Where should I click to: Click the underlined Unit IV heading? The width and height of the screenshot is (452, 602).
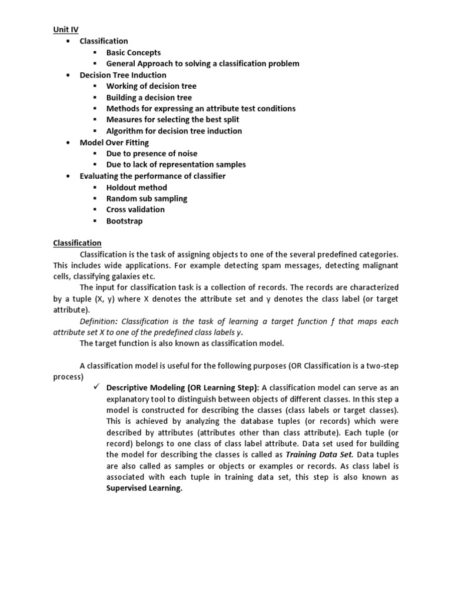(x=65, y=29)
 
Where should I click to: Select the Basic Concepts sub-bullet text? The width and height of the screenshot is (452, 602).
(x=133, y=52)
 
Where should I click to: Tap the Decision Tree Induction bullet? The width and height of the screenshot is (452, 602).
(x=122, y=75)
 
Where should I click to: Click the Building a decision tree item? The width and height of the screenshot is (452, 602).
(x=148, y=98)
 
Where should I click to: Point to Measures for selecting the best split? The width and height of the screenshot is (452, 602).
(x=172, y=119)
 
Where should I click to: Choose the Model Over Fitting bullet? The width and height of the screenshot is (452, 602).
(x=114, y=142)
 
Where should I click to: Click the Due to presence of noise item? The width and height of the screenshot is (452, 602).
(x=151, y=153)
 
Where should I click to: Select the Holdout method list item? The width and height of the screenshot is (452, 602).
(x=137, y=188)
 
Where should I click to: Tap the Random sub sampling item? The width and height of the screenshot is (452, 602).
(x=147, y=199)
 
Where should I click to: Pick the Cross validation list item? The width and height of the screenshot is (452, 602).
(x=135, y=209)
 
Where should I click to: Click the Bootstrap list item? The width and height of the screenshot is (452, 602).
(x=124, y=221)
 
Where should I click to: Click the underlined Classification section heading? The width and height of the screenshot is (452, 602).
(x=77, y=243)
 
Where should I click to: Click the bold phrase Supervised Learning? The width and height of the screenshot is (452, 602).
(x=144, y=489)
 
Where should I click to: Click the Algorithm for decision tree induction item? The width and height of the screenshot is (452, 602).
(x=174, y=131)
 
